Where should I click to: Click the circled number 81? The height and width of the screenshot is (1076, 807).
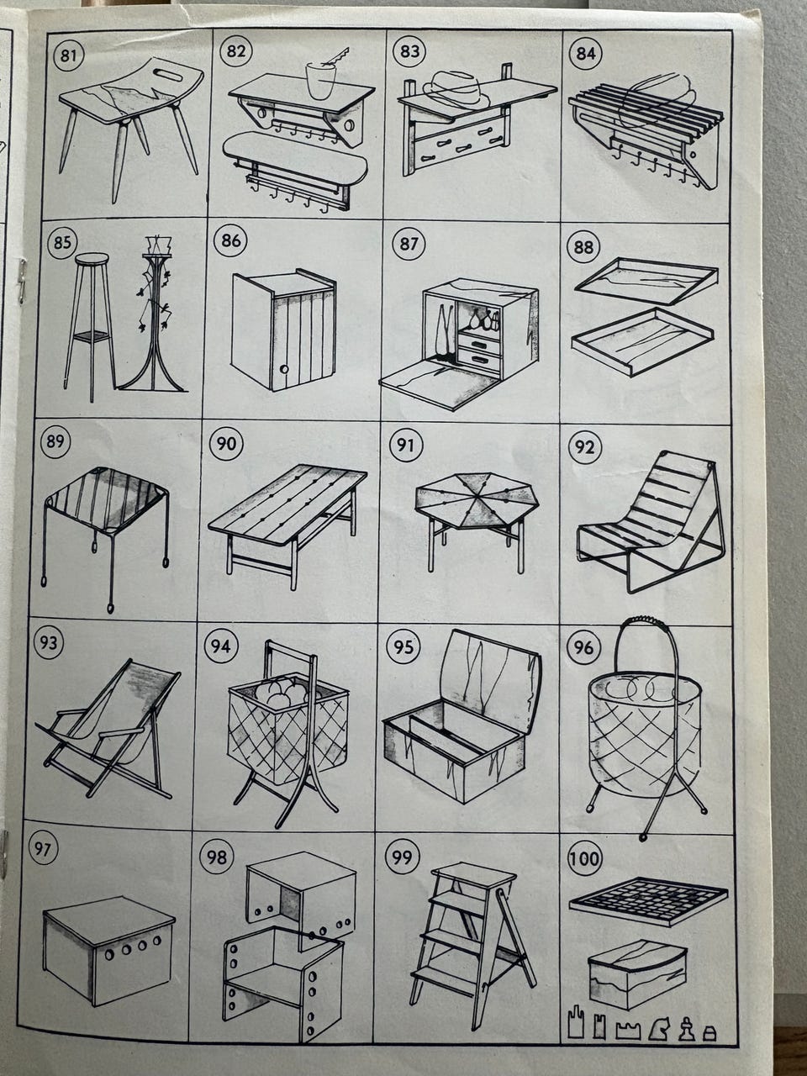click(69, 55)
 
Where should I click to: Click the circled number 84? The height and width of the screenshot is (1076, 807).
click(586, 53)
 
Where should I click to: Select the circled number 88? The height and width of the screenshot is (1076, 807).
click(583, 246)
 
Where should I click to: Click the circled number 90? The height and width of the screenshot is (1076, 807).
click(226, 444)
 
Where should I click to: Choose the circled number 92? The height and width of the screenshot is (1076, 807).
click(583, 446)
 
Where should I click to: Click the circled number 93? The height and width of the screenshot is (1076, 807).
click(49, 642)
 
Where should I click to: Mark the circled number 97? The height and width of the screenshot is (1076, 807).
click(44, 848)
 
